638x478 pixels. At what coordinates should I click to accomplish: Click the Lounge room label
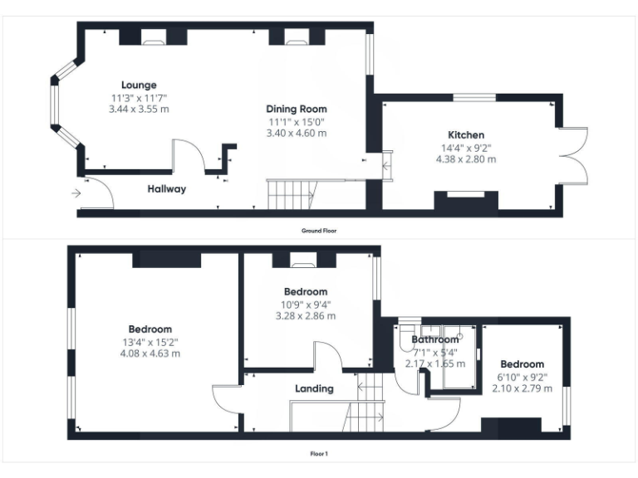(x=139, y=85)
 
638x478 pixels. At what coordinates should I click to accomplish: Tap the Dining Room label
(x=296, y=109)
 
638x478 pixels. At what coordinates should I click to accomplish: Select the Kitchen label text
(x=466, y=134)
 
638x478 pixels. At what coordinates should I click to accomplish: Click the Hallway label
(x=166, y=189)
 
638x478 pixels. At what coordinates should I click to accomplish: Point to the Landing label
(x=314, y=388)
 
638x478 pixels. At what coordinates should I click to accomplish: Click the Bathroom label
(x=435, y=339)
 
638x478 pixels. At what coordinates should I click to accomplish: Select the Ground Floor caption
(x=319, y=231)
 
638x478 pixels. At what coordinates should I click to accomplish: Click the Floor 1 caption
(x=319, y=454)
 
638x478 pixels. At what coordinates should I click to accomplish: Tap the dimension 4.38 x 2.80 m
(x=466, y=159)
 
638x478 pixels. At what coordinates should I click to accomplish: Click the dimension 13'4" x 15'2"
(x=150, y=341)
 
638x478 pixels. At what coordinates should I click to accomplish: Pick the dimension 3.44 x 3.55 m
(x=139, y=109)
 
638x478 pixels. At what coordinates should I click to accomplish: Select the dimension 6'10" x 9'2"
(x=522, y=377)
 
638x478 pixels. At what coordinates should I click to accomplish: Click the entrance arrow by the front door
(x=76, y=193)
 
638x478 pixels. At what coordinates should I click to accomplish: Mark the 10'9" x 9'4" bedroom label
(x=306, y=292)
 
